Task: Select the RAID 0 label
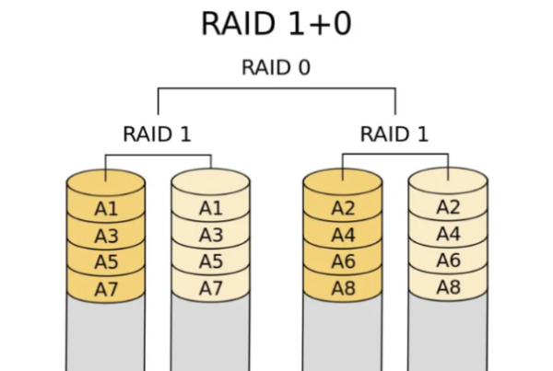[276, 68]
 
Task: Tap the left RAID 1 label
[157, 133]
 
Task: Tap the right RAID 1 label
[394, 133]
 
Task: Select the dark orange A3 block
[106, 236]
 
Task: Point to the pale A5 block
[211, 261]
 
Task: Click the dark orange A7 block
[106, 288]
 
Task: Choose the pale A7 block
[211, 288]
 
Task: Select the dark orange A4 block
[343, 236]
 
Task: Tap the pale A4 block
[448, 236]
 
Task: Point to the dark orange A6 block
[343, 261]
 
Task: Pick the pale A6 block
[448, 261]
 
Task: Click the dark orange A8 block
[343, 288]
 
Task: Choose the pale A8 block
[448, 288]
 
